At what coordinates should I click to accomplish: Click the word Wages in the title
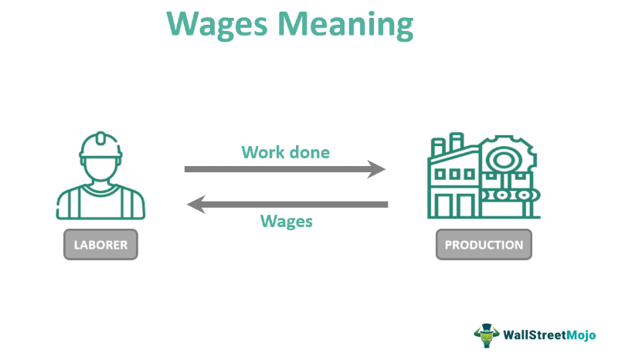tap(216, 25)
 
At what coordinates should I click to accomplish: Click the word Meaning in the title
tap(345, 25)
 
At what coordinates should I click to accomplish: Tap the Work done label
tap(285, 152)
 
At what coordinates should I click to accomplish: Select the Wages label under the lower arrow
tap(286, 221)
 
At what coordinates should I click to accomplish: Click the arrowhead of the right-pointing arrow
tap(376, 169)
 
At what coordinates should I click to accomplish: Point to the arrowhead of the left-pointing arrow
tap(196, 205)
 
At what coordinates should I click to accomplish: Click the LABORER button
tap(100, 244)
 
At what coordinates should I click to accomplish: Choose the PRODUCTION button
tap(484, 244)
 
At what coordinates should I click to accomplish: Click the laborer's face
tap(100, 171)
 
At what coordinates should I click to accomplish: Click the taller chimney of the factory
tap(457, 141)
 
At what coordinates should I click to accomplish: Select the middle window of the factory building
tap(454, 174)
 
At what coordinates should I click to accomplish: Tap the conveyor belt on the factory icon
tap(510, 195)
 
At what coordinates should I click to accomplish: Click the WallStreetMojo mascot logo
tap(486, 335)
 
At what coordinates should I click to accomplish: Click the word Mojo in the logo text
tap(581, 335)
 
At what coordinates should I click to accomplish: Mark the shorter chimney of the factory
tap(438, 147)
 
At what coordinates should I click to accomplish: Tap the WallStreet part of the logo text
tap(535, 335)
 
